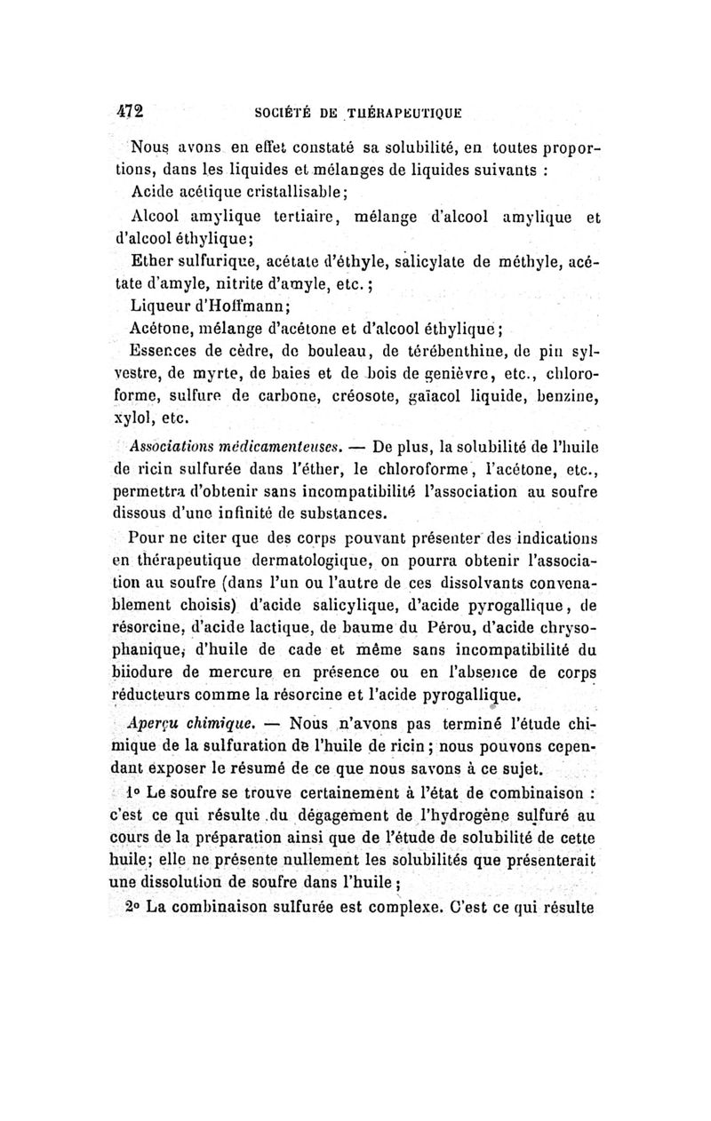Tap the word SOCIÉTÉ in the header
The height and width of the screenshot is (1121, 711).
click(277, 114)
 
